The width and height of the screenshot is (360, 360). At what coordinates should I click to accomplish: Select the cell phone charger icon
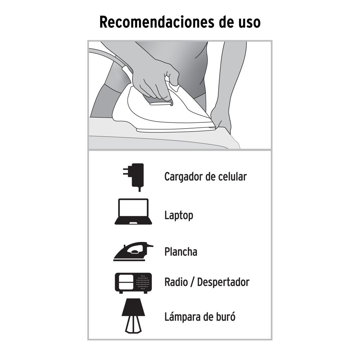[x=134, y=177]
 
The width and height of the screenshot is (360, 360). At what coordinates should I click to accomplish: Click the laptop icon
[x=133, y=211]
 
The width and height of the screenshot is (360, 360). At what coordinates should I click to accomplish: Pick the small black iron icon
[x=133, y=251]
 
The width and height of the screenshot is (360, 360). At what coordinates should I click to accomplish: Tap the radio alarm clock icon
[x=133, y=283]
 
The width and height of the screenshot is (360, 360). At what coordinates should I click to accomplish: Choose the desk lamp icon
[x=134, y=316]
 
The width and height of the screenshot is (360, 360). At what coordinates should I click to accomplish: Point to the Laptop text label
[x=179, y=216]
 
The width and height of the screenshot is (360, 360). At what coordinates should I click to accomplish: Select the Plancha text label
[x=181, y=252]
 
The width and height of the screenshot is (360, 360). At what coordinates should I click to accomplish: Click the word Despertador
[x=223, y=282]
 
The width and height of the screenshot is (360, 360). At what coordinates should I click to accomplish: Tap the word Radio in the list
[x=176, y=282]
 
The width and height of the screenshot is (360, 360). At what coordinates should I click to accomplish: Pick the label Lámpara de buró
[x=200, y=316]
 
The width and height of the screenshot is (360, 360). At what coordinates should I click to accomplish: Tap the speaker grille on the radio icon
[x=143, y=282]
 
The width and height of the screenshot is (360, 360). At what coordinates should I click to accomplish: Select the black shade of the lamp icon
[x=134, y=307]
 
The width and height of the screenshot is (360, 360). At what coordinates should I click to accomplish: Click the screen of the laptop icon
[x=133, y=209]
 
